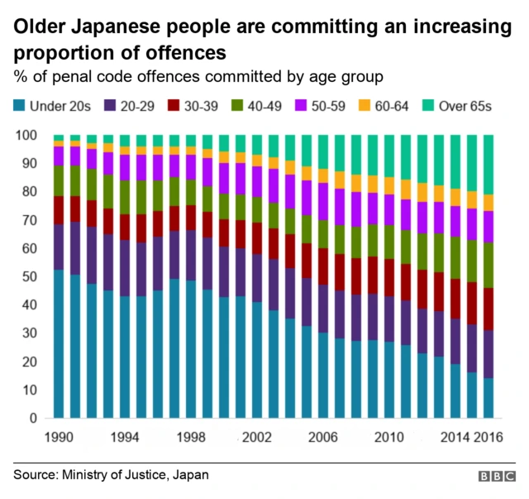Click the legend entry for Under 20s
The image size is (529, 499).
(x=49, y=105)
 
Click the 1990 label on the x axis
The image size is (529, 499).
(x=60, y=436)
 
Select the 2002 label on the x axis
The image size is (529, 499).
(x=257, y=436)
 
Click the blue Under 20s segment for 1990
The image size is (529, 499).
(x=59, y=343)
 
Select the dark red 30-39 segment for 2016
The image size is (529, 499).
(x=488, y=309)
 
